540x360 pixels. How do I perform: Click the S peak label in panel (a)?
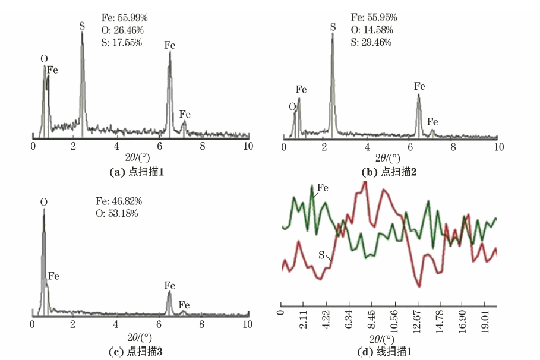pos(82,26)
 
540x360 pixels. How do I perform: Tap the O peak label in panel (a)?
pos(44,58)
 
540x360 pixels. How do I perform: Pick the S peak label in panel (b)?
pos(333,27)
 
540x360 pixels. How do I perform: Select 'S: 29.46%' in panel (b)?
pos(371,42)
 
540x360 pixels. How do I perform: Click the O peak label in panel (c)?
pos(43,203)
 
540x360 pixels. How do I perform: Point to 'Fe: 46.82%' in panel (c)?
pos(119,201)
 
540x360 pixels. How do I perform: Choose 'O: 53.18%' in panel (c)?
pos(117,213)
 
